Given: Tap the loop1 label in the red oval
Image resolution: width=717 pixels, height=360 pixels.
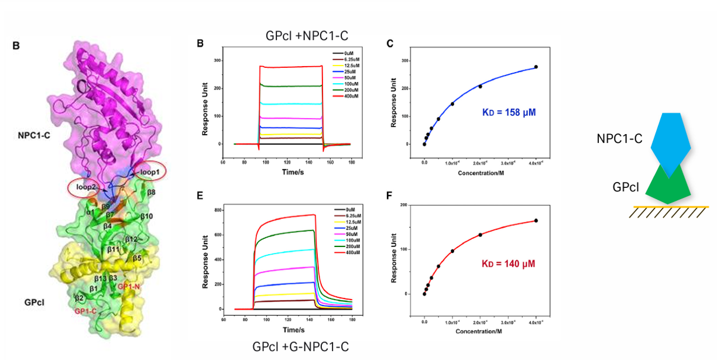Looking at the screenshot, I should click(x=150, y=172).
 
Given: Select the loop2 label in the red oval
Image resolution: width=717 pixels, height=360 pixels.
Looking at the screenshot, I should click(x=83, y=187).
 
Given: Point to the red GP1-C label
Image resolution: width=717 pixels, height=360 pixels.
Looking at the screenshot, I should click(x=86, y=311).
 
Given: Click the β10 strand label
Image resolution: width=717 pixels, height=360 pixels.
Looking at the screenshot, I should click(x=147, y=216).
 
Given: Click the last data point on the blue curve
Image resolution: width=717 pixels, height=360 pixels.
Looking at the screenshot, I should click(x=536, y=67).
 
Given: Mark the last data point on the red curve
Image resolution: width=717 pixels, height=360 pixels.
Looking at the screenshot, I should click(x=536, y=221).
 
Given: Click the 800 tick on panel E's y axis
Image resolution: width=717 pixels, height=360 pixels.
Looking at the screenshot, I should click(x=216, y=210).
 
